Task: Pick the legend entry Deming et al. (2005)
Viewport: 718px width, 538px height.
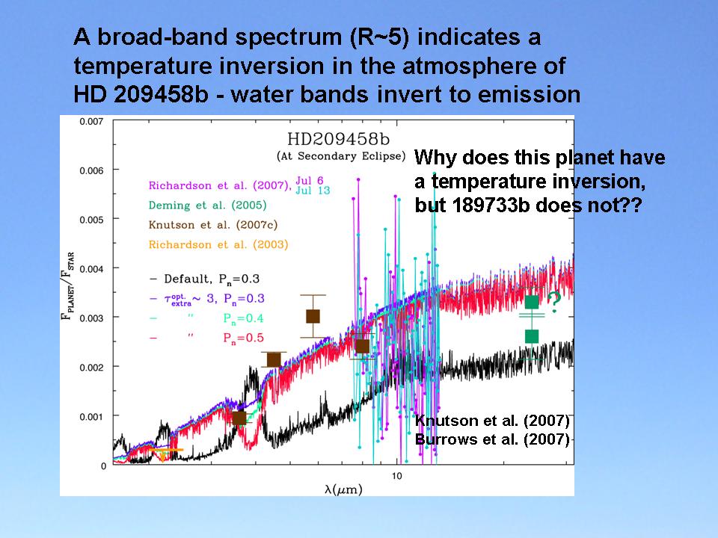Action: (207, 205)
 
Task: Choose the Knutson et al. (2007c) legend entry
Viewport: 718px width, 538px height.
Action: (211, 224)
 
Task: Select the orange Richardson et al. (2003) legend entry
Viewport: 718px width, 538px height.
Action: (218, 244)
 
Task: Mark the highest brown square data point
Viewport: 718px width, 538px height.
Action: (313, 316)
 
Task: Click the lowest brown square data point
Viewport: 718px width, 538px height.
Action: (239, 418)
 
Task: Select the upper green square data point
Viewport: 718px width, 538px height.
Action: (531, 302)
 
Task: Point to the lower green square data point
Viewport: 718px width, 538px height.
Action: (531, 336)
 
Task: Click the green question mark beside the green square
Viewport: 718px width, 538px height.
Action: (554, 301)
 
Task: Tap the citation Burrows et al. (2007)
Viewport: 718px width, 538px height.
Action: (492, 439)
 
